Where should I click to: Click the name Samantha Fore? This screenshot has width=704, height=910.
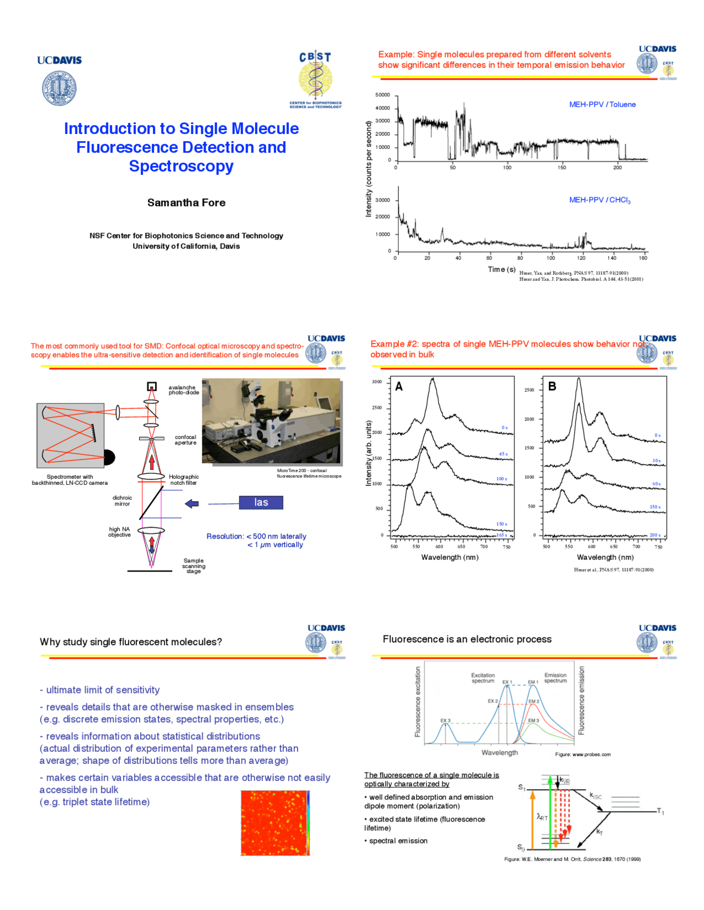pyautogui.click(x=186, y=203)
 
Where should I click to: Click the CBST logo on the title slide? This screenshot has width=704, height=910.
pyautogui.click(x=315, y=80)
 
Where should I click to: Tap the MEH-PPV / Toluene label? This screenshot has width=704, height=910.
pyautogui.click(x=602, y=104)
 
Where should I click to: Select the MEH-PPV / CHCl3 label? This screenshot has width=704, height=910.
pyautogui.click(x=599, y=200)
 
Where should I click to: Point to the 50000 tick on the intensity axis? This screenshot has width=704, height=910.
pyautogui.click(x=382, y=95)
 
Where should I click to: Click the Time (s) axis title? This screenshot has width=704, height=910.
pyautogui.click(x=501, y=269)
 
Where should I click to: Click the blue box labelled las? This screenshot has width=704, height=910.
pyautogui.click(x=261, y=502)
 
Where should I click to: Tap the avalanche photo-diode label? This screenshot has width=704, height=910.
pyautogui.click(x=183, y=390)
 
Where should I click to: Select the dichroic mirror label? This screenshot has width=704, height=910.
pyautogui.click(x=122, y=501)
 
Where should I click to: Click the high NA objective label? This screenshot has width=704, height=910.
pyautogui.click(x=119, y=532)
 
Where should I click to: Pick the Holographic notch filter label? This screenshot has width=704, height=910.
pyautogui.click(x=184, y=480)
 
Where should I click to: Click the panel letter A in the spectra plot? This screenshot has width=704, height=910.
pyautogui.click(x=399, y=387)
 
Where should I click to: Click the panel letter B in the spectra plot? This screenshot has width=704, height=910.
pyautogui.click(x=552, y=387)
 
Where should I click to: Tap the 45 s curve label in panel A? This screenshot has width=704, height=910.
pyautogui.click(x=503, y=454)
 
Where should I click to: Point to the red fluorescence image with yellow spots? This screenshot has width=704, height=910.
pyautogui.click(x=274, y=823)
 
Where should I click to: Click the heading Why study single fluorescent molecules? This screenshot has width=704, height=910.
pyautogui.click(x=131, y=642)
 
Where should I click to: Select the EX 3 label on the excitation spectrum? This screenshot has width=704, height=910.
pyautogui.click(x=445, y=720)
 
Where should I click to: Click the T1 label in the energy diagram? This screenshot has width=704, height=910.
pyautogui.click(x=661, y=812)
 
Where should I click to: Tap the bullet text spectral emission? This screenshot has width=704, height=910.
pyautogui.click(x=398, y=841)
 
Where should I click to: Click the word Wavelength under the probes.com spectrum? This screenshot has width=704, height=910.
pyautogui.click(x=499, y=752)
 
